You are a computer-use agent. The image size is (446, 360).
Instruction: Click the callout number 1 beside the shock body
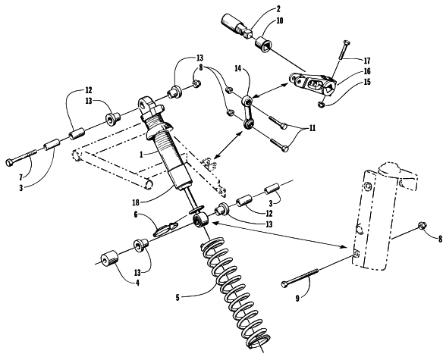click(141, 155)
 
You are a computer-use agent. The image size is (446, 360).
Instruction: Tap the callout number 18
click(136, 202)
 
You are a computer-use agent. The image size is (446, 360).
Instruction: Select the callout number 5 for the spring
click(177, 298)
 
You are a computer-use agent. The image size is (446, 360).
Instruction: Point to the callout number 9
click(297, 299)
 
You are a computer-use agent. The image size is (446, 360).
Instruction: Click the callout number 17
click(367, 61)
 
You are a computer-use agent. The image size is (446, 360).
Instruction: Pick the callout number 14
click(238, 68)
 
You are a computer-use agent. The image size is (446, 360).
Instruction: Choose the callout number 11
click(312, 128)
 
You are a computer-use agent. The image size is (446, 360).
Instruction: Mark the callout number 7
click(20, 177)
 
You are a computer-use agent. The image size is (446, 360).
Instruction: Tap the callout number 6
click(136, 214)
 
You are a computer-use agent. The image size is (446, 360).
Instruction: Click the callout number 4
click(137, 283)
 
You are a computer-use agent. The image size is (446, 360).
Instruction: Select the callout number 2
click(278, 9)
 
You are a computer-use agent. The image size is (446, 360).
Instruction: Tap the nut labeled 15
click(321, 105)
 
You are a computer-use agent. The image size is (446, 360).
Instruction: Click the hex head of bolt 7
click(9, 162)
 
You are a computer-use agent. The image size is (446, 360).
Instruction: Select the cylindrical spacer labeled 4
click(109, 258)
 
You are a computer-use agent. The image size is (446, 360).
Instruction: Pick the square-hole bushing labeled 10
click(264, 42)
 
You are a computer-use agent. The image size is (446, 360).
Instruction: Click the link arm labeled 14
click(247, 112)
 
